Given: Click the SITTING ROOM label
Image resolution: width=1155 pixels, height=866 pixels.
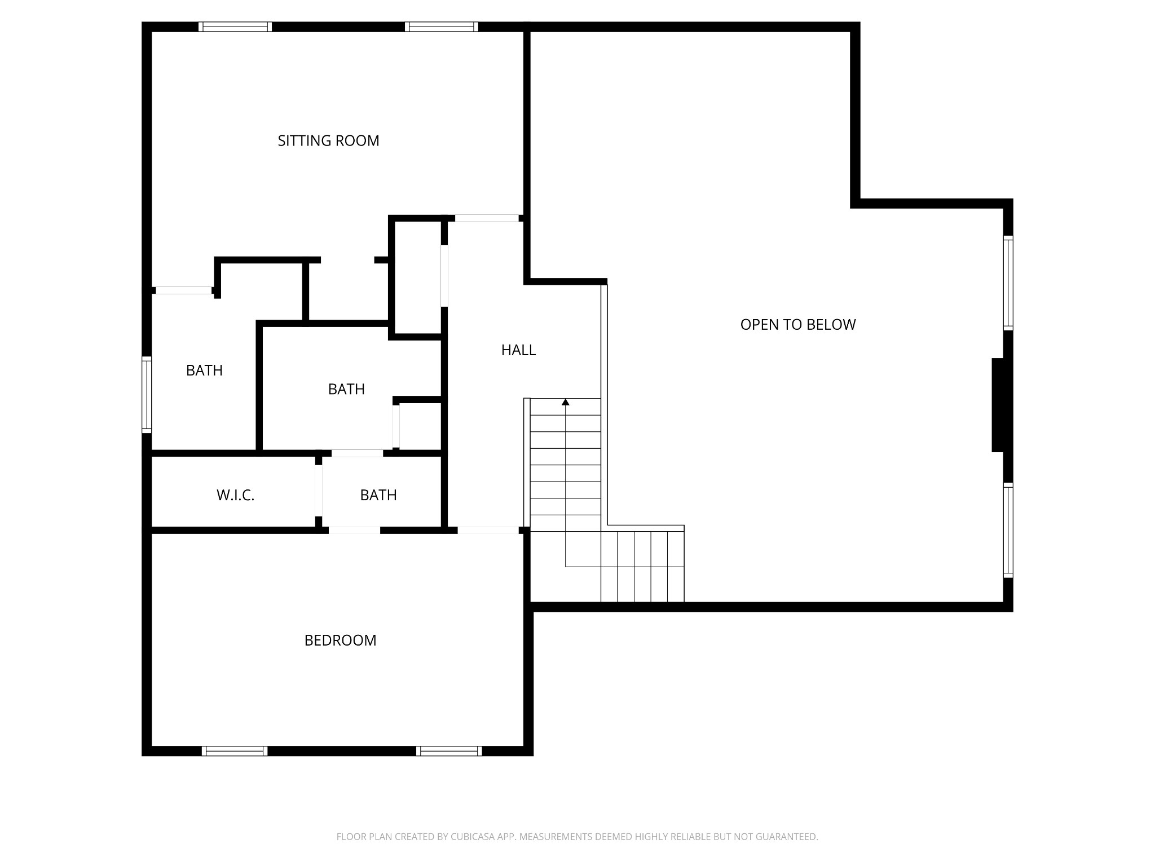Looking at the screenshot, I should click(x=328, y=140).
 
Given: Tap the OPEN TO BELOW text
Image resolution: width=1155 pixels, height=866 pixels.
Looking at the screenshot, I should click(x=797, y=324).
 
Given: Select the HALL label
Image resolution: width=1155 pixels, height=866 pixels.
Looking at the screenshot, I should click(x=518, y=350).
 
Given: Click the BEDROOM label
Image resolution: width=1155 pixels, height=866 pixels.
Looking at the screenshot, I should click(x=340, y=640).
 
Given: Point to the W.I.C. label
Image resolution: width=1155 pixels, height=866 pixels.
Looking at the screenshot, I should click(x=235, y=495).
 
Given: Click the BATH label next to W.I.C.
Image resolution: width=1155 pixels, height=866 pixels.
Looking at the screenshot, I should click(x=378, y=495).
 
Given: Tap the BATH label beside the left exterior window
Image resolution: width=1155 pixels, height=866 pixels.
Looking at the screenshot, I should click(x=204, y=370).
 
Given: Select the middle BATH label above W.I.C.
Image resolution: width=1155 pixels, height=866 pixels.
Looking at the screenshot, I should click(x=346, y=389).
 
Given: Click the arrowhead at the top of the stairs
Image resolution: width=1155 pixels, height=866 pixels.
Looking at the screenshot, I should click(x=566, y=402).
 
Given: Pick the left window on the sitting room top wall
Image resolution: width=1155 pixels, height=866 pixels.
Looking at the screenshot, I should click(x=235, y=26).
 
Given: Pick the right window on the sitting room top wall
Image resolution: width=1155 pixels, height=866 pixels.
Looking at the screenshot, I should click(x=441, y=26).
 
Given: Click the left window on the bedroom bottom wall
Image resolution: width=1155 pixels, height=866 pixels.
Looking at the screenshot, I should click(x=235, y=750).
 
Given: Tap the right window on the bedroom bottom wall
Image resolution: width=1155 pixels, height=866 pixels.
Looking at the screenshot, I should click(x=449, y=750).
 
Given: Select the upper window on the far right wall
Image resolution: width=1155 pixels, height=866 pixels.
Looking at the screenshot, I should click(x=1008, y=282).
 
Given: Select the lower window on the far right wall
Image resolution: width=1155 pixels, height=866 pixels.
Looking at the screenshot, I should click(x=1008, y=530).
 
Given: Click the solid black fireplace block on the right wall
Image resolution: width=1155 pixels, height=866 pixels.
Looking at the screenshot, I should click(x=998, y=405).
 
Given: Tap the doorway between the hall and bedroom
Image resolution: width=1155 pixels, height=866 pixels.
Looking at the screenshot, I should click(x=488, y=530).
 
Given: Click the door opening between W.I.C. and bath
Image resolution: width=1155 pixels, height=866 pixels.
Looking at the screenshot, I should click(x=319, y=491).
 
